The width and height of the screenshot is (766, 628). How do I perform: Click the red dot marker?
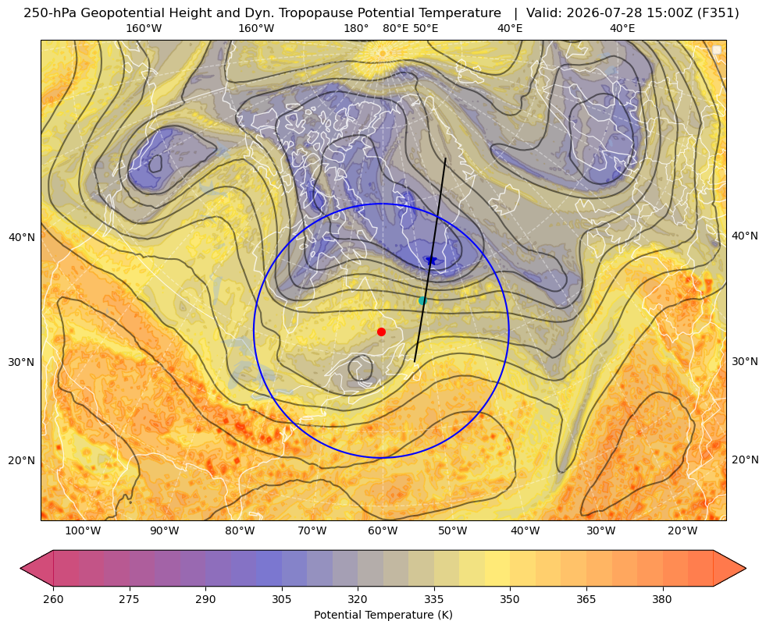point(382,332)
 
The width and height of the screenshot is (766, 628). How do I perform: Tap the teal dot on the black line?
point(422,300)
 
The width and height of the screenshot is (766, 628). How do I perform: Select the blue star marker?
point(431,261)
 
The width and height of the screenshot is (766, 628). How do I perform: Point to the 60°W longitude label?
point(383,530)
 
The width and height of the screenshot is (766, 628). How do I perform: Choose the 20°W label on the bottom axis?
point(682,530)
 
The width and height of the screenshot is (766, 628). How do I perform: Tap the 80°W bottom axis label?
point(240,530)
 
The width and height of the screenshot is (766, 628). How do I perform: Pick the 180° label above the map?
point(356,28)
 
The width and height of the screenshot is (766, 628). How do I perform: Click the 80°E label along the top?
point(395,28)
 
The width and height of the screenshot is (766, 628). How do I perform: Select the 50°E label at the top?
point(426,28)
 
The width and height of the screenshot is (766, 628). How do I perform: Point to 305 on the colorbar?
point(281,598)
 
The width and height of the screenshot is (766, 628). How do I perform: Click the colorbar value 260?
point(53,598)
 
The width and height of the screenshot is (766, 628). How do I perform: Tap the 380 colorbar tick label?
point(662,598)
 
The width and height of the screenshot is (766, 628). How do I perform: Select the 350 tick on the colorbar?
point(510,598)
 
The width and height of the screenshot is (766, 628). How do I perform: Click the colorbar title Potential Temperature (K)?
point(383,615)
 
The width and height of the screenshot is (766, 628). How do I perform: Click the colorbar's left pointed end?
point(21,568)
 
